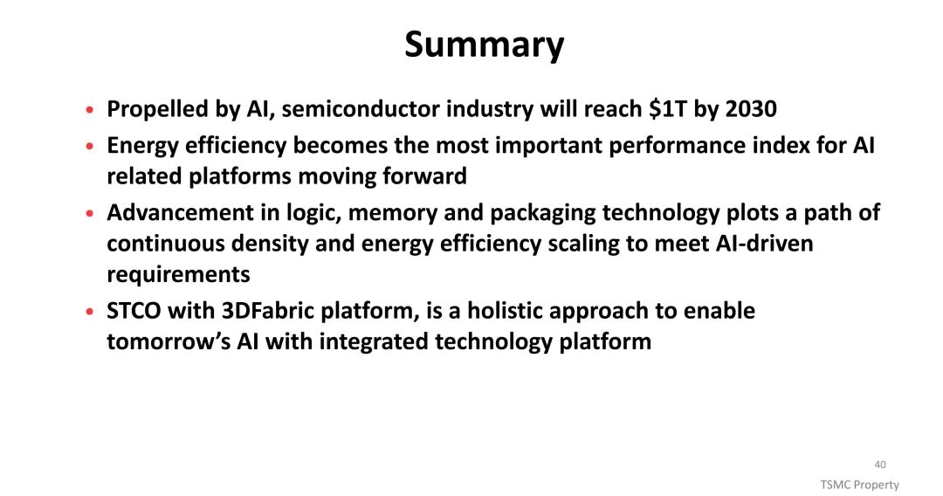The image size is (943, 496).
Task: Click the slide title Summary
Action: point(484,45)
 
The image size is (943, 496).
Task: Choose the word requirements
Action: point(179,275)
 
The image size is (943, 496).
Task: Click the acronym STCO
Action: point(134,311)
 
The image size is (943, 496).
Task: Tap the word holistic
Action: point(504,311)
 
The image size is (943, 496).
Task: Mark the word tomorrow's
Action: point(168,341)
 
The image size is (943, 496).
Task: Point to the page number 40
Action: point(880,465)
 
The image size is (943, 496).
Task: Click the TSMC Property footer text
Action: point(859,485)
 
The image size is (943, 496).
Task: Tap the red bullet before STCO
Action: point(90,312)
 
